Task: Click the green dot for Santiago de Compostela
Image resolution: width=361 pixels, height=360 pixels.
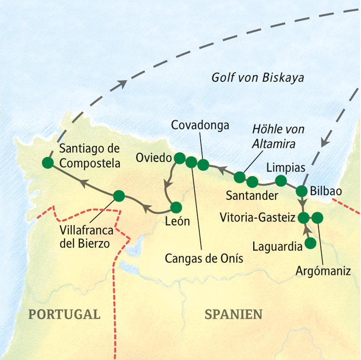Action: [x=47, y=163]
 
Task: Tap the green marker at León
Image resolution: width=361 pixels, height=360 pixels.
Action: [x=176, y=207]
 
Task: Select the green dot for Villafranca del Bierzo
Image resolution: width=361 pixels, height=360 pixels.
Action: [x=118, y=196]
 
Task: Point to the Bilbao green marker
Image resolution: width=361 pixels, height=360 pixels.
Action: [x=302, y=190]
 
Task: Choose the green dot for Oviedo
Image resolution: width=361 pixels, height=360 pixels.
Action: [x=179, y=158]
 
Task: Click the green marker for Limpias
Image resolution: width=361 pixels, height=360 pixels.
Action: [x=281, y=181]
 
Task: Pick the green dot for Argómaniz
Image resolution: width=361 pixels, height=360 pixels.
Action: [x=318, y=218]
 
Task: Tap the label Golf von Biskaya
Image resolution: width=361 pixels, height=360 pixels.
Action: [x=258, y=78]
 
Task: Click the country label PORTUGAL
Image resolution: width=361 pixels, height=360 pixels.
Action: [x=64, y=315]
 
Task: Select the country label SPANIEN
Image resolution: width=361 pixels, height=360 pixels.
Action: [x=233, y=315]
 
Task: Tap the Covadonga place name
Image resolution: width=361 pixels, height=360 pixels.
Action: [x=200, y=125]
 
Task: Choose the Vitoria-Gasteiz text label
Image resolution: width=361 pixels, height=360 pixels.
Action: [x=257, y=218]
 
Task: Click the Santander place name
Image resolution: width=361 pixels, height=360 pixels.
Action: [x=251, y=196]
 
